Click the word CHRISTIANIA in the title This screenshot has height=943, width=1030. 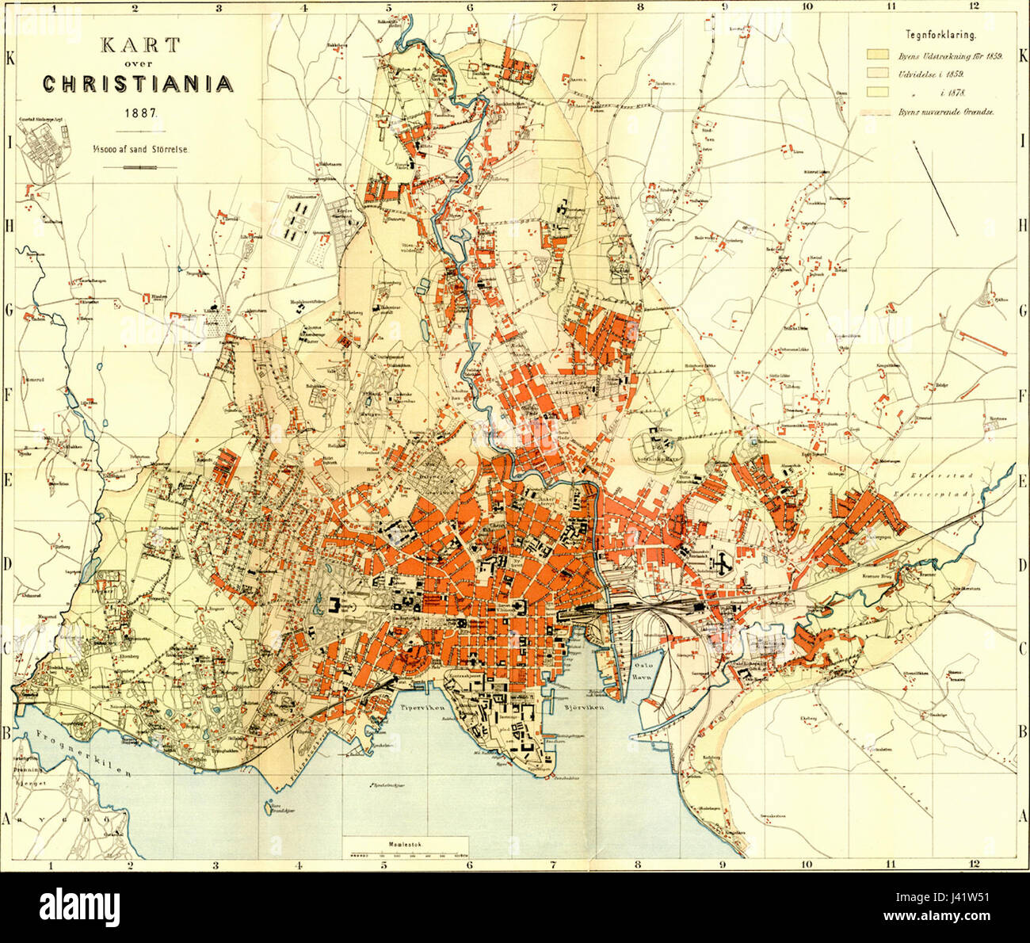tap(137, 84)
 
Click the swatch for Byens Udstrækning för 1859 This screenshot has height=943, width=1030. tap(875, 56)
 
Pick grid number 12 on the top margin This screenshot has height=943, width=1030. tap(974, 6)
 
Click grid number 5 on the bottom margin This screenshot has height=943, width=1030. tap(384, 866)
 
